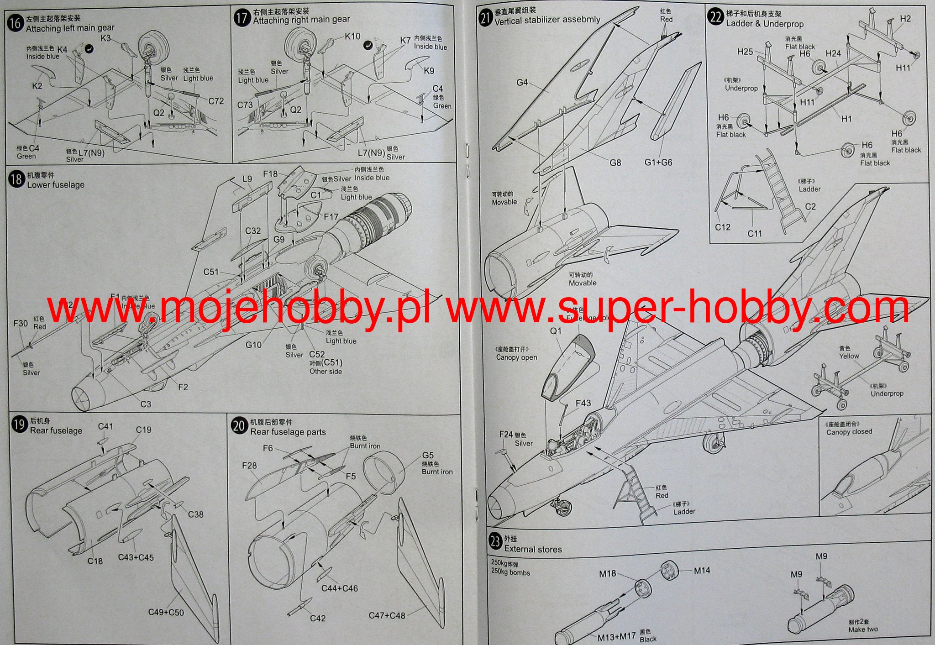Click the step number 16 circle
pyautogui.click(x=15, y=22)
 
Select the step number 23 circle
pyautogui.click(x=495, y=542)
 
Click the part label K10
pyautogui.click(x=352, y=36)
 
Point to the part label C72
pyautogui.click(x=216, y=101)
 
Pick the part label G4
pyautogui.click(x=522, y=83)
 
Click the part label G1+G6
pyautogui.click(x=658, y=163)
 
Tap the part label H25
pyautogui.click(x=745, y=52)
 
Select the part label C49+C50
pyautogui.click(x=166, y=612)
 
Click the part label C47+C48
pyautogui.click(x=387, y=615)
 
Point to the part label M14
pyautogui.click(x=702, y=571)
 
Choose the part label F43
pyautogui.click(x=583, y=403)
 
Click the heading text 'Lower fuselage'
pyautogui.click(x=56, y=185)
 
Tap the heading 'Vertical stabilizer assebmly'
pyautogui.click(x=547, y=20)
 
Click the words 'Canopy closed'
pyautogui.click(x=849, y=431)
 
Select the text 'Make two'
pyautogui.click(x=863, y=629)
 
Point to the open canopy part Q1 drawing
pyautogui.click(x=568, y=365)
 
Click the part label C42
pyautogui.click(x=318, y=618)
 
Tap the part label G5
pyautogui.click(x=428, y=455)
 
